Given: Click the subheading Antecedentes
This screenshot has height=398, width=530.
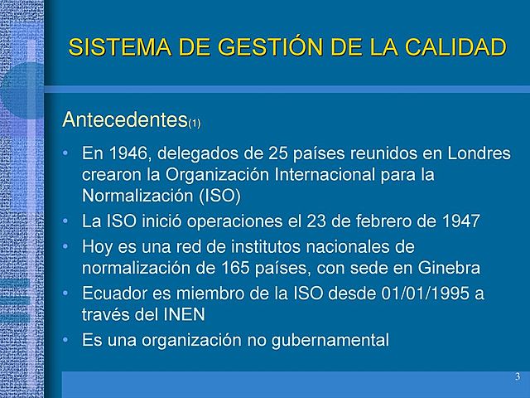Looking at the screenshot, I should point(124,120).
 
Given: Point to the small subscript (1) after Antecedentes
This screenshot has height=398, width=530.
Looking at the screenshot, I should point(194,125).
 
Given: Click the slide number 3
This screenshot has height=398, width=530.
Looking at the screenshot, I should point(517,378).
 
